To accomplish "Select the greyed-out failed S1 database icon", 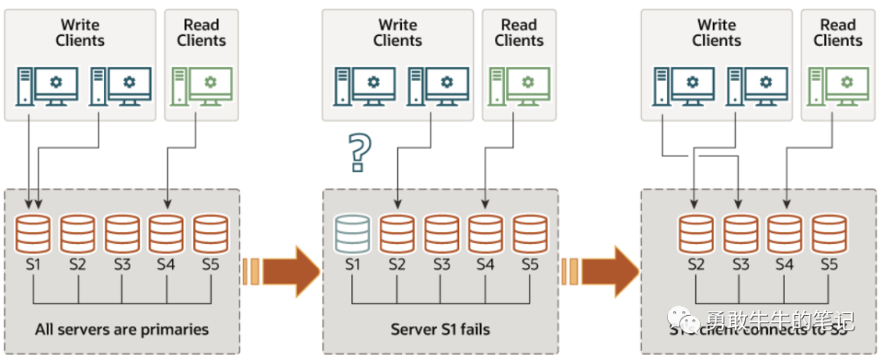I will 353,233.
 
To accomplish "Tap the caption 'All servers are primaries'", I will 122,330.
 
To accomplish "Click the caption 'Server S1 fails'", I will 440,330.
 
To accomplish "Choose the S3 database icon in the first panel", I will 122,233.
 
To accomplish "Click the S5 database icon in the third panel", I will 828,233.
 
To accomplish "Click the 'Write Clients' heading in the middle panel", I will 398,33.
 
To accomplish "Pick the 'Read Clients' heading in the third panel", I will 837,33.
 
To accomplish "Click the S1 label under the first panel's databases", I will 33,264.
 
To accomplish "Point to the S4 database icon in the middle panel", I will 486,233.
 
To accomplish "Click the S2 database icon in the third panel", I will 696,233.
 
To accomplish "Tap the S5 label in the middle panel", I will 530,264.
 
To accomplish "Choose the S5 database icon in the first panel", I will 210,233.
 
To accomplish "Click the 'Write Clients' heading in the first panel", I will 80,33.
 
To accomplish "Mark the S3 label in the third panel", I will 740,264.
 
